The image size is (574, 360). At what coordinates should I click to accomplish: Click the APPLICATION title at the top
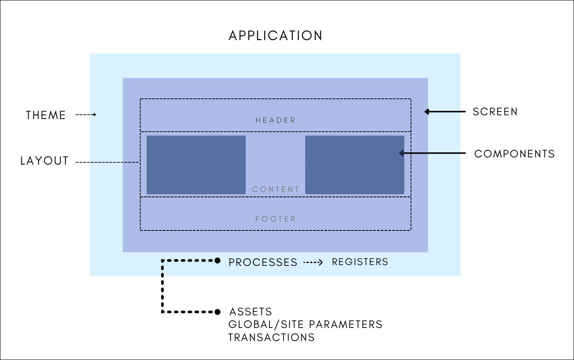[276, 35]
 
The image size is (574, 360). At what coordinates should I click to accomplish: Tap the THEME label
[46, 115]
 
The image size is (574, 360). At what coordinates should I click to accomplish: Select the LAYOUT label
[44, 161]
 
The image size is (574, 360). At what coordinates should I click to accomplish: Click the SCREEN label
[495, 112]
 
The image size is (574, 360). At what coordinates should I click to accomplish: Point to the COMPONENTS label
[514, 154]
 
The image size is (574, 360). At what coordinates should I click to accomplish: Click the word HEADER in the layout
[276, 120]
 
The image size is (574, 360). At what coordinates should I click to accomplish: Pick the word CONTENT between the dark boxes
[276, 189]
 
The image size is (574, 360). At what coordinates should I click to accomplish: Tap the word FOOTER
[276, 219]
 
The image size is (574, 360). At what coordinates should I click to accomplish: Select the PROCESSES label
[263, 262]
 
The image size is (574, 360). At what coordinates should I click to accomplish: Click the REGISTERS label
[360, 262]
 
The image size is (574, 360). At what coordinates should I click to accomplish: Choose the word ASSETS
[251, 312]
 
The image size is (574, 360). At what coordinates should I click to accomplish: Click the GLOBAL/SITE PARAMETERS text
[305, 325]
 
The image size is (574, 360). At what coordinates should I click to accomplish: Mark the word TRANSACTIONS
[271, 338]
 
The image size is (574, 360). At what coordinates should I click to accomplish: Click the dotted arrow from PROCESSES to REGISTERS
[313, 263]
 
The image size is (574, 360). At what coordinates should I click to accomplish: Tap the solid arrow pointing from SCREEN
[445, 112]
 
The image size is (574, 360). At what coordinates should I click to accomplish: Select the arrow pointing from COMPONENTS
[432, 153]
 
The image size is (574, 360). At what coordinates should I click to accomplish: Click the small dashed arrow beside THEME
[86, 115]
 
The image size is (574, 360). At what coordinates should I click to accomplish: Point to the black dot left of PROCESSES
[217, 260]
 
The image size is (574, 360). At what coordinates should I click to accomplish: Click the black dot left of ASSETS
[217, 312]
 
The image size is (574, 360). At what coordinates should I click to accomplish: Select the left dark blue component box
[196, 165]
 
